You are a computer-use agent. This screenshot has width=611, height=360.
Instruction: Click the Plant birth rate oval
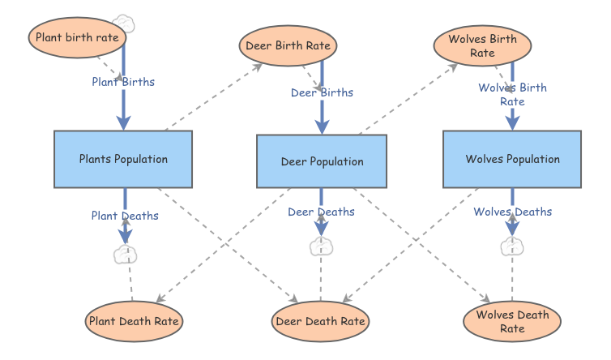point(77,37)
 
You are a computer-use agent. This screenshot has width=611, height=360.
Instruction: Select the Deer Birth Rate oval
point(288,45)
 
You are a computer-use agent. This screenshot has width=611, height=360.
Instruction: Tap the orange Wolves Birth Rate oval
point(482,45)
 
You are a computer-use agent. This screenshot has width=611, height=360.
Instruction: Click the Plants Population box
point(123,159)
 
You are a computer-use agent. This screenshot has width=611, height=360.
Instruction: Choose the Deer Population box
point(322,161)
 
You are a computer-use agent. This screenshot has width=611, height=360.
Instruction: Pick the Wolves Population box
point(512,159)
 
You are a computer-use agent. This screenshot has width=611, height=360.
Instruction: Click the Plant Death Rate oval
point(134,321)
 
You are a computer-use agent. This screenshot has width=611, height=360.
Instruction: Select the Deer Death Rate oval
point(320,321)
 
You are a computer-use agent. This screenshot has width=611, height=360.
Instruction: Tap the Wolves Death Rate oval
point(512,321)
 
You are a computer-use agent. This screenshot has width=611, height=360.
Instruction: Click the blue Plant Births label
point(123,82)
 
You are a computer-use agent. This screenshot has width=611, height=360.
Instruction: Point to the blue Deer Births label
point(322,92)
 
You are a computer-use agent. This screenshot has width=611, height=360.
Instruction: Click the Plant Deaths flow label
point(125,216)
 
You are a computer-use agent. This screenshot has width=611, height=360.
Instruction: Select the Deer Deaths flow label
point(321,212)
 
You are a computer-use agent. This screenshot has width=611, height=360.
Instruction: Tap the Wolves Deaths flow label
point(512,212)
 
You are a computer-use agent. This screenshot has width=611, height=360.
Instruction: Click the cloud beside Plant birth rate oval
point(124,24)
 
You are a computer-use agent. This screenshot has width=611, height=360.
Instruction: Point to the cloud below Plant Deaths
point(125,255)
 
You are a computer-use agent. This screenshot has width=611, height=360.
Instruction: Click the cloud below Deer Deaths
point(321,246)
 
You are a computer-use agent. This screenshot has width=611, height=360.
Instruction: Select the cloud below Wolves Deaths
point(512,246)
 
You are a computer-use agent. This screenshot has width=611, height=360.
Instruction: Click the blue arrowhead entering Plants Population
point(123,123)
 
